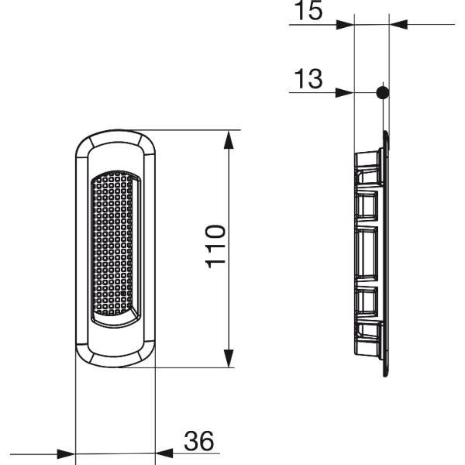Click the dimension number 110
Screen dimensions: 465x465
215,246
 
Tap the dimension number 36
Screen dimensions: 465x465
198,441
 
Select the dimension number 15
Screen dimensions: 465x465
308,10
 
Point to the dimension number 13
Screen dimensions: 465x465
308,79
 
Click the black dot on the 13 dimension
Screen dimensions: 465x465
383,93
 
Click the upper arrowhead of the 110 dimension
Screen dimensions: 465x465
229,140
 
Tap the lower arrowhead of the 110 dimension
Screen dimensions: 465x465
229,358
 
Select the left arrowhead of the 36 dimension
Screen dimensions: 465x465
66,453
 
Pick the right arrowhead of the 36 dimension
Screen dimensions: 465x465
164,453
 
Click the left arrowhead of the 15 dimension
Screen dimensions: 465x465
346,25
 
